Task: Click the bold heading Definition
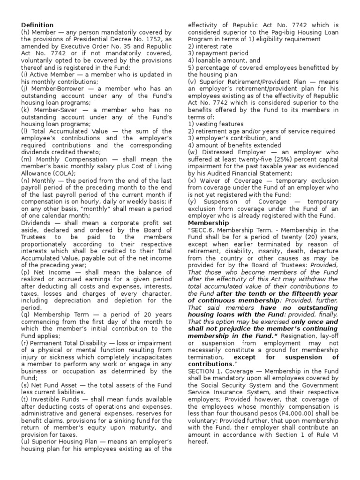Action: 37,25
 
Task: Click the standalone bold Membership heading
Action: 208,223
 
